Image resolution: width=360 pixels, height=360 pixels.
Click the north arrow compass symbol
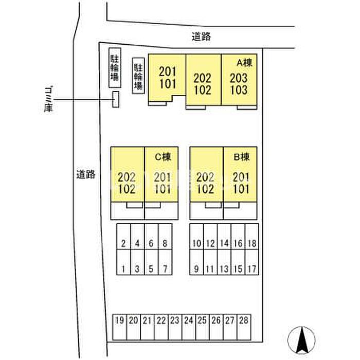coord(301,340)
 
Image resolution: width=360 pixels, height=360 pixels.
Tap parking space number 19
coord(120,327)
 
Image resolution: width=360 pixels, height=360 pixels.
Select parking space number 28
coord(244,327)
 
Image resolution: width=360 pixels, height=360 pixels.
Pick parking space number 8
coord(165,237)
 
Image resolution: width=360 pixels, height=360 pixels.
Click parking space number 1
coord(123,262)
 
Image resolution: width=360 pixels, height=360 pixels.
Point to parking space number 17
coord(252,262)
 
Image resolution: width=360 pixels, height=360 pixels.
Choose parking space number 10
coord(196,237)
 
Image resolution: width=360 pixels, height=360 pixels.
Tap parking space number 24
coord(189,327)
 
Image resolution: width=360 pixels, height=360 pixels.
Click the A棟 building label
coord(244,62)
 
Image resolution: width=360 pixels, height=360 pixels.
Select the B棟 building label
coord(242,157)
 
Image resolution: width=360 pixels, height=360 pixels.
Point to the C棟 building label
coord(163,157)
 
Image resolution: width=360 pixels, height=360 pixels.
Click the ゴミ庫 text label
coord(48,99)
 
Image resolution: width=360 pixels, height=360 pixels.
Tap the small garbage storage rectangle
coord(116,99)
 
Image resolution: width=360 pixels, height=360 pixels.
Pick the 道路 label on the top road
coord(202,37)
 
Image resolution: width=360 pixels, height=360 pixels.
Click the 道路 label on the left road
coord(86,175)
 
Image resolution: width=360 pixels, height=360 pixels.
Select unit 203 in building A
coord(239,78)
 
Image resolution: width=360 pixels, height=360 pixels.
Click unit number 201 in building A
coord(168,71)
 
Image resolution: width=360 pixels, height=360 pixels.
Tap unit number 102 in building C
coord(127,189)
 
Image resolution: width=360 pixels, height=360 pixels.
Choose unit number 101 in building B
coord(241,189)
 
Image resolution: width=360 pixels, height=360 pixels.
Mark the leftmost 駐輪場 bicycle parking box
coord(115,68)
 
